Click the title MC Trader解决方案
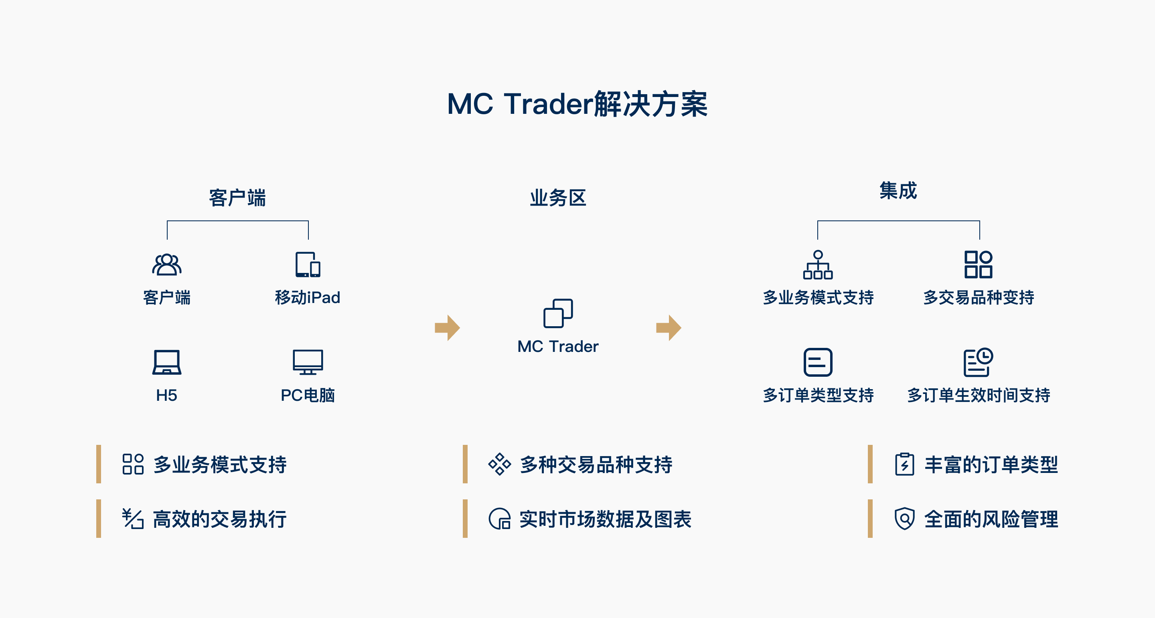(577, 104)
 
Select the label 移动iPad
(308, 297)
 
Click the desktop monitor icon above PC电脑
(308, 362)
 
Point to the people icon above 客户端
(167, 264)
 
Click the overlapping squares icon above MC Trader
(558, 313)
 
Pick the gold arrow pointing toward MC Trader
(447, 327)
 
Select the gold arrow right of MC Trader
(669, 327)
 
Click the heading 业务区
(558, 198)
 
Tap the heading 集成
(898, 190)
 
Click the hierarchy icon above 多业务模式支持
(818, 265)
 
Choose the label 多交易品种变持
(979, 297)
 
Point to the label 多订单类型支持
(818, 395)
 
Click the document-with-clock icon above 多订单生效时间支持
(979, 362)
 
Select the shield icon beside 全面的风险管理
(904, 519)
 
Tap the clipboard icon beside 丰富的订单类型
(904, 464)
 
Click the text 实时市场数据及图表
(605, 519)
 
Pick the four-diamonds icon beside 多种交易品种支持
(499, 464)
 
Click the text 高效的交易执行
(220, 519)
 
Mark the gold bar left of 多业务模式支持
(99, 464)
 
